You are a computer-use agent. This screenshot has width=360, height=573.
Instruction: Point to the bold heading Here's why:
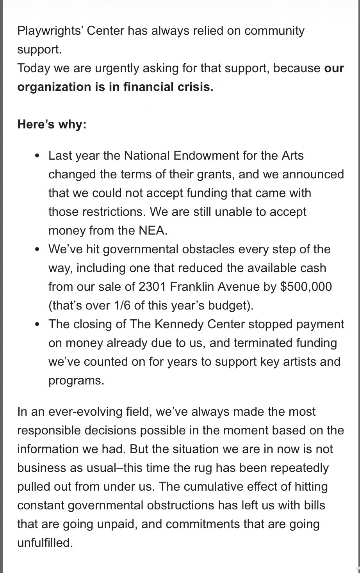click(52, 125)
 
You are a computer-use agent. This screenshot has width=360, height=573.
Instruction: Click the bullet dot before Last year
click(37, 156)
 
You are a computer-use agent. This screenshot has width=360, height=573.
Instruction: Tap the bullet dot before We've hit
click(37, 249)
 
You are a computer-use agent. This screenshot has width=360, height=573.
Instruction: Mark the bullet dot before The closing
click(37, 324)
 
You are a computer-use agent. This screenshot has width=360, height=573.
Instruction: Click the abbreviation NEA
click(152, 231)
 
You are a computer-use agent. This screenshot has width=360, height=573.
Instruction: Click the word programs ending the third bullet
click(76, 381)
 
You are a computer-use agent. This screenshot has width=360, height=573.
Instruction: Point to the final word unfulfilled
click(45, 543)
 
